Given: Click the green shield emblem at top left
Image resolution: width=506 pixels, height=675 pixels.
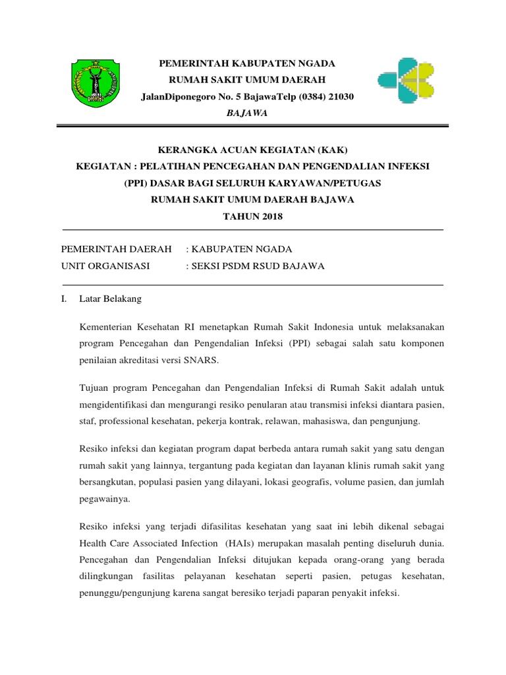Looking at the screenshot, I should pos(96,84).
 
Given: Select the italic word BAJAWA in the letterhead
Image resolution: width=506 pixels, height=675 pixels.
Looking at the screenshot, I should pos(247,113).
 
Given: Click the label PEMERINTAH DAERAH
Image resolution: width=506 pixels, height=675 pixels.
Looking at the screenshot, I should pos(116,249).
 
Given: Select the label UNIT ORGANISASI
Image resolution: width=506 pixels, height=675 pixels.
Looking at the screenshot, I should pos(105,266).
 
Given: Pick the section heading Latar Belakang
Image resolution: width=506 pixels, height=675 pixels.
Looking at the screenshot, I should pos(110,299).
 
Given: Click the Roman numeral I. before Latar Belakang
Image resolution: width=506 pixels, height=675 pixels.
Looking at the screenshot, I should pos(63,299).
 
